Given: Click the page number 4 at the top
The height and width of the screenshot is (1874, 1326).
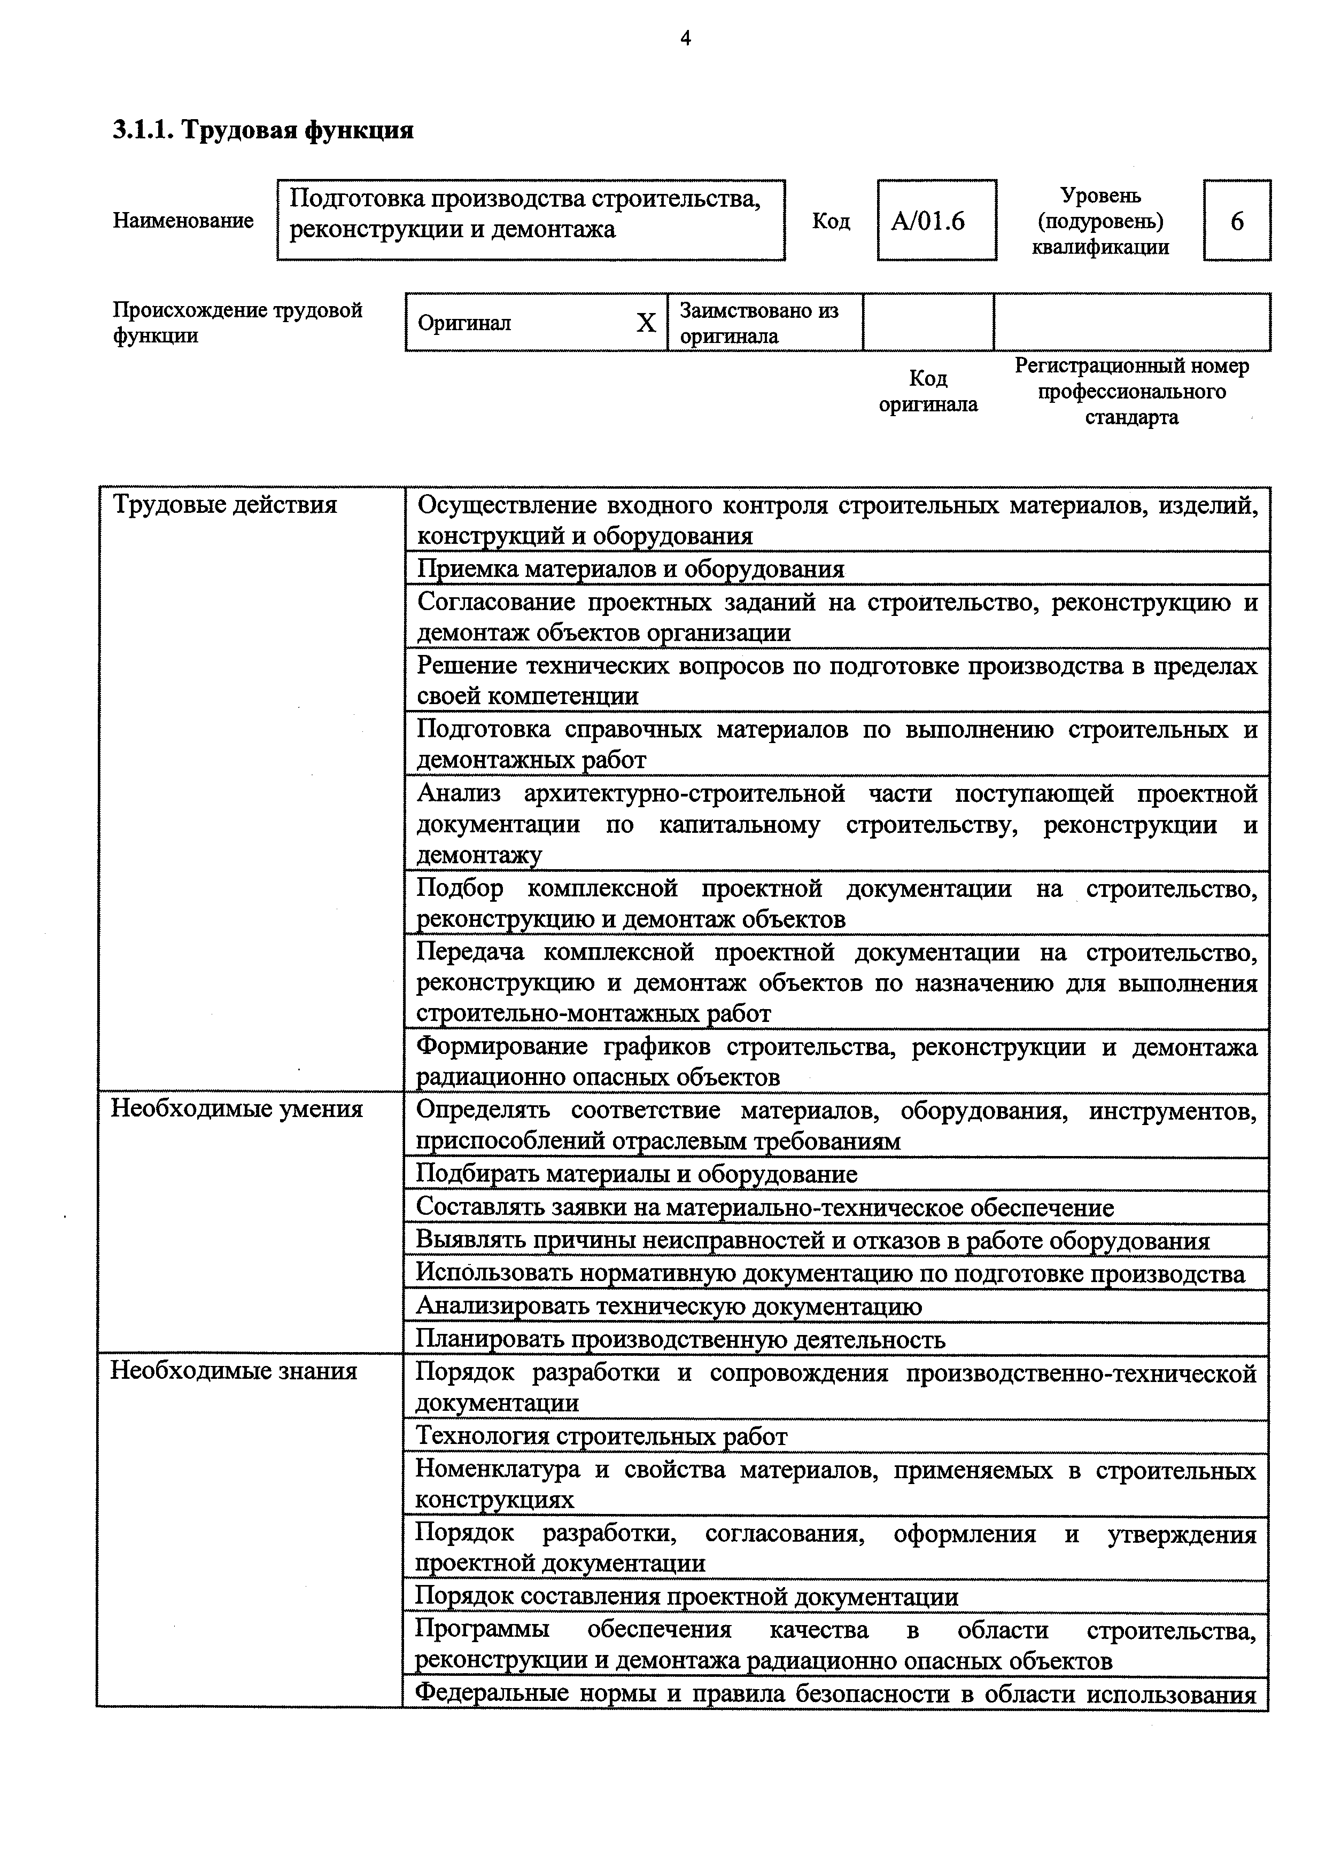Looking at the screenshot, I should tap(685, 38).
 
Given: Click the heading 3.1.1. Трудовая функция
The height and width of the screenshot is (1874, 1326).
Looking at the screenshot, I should tap(263, 130).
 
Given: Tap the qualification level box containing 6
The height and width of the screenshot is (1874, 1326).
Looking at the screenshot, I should tap(1236, 221).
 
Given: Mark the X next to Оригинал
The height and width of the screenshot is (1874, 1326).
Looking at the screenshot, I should tap(646, 323).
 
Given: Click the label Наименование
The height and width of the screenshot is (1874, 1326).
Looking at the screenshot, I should tap(183, 221).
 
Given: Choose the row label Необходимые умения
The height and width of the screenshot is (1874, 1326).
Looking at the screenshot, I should tap(237, 1109).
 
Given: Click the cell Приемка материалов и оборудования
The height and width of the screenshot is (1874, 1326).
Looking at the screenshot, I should tap(630, 569).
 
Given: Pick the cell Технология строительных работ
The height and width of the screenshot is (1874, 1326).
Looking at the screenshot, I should tap(602, 1436).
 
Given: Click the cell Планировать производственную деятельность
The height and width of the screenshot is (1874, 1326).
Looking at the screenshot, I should tap(680, 1339).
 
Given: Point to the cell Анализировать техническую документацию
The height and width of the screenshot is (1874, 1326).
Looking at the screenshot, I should tap(669, 1307).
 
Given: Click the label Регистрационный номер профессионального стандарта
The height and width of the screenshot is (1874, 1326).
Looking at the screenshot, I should tap(1131, 392).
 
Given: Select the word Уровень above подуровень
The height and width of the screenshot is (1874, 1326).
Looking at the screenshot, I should tap(1100, 196).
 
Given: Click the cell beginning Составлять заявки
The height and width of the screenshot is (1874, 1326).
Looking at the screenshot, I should tap(764, 1207).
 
